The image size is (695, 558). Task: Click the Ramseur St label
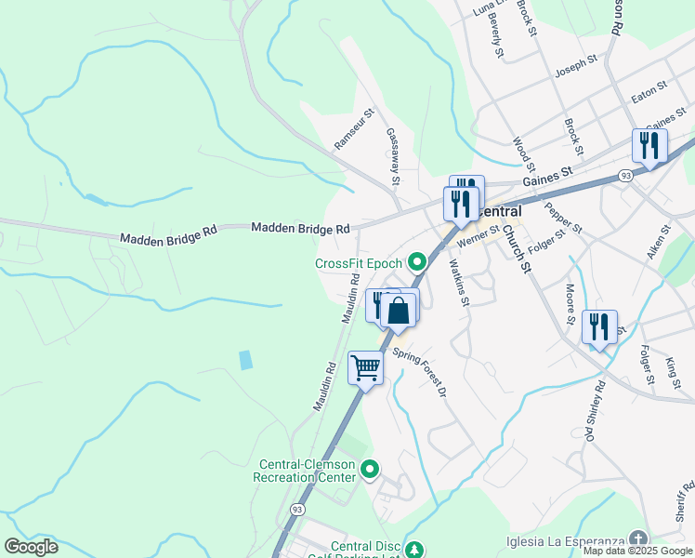[354, 130]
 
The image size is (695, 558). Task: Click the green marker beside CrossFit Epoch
[417, 262]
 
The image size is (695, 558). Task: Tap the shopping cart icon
[366, 368]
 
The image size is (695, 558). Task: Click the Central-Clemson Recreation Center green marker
[370, 470]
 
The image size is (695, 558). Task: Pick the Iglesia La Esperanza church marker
[638, 538]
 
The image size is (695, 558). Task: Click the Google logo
[31, 546]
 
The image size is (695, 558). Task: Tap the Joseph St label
[575, 65]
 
